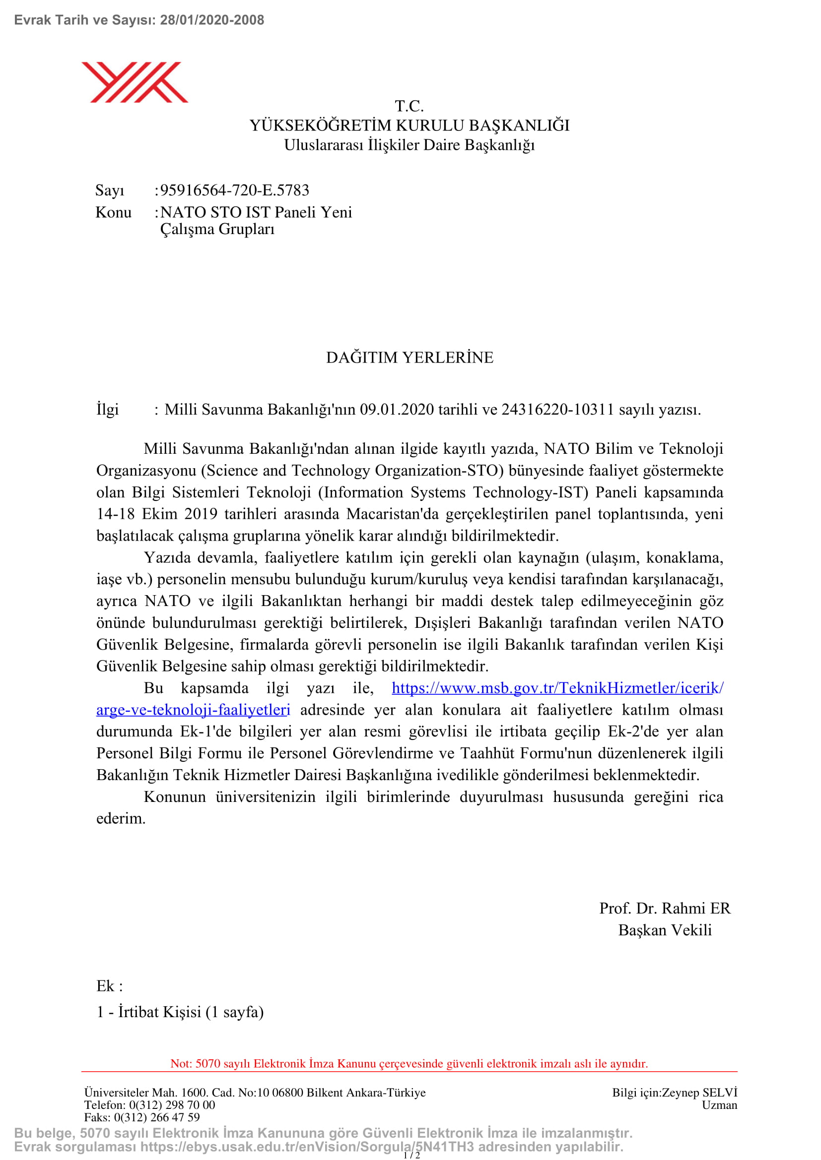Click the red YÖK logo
pos(135,82)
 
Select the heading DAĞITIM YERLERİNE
pos(410,357)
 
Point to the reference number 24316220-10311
pos(557,409)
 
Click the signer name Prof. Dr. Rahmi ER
pos(665,908)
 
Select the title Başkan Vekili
pos(665,930)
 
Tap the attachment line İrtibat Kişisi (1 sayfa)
pos(191,1012)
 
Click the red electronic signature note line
pos(409,1063)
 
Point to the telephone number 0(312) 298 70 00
pos(172,1105)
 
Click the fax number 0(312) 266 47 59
pos(157,1117)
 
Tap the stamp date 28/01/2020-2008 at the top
pos(212,20)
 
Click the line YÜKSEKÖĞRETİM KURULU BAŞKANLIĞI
pos(410,125)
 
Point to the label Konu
pos(113,212)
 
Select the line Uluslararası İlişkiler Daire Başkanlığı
pos(410,145)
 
